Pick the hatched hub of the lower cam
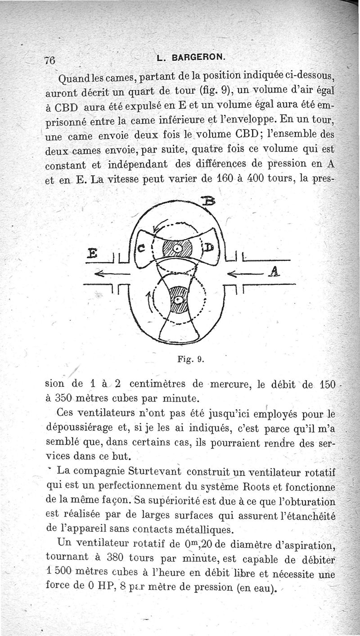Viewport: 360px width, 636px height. click(x=179, y=300)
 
